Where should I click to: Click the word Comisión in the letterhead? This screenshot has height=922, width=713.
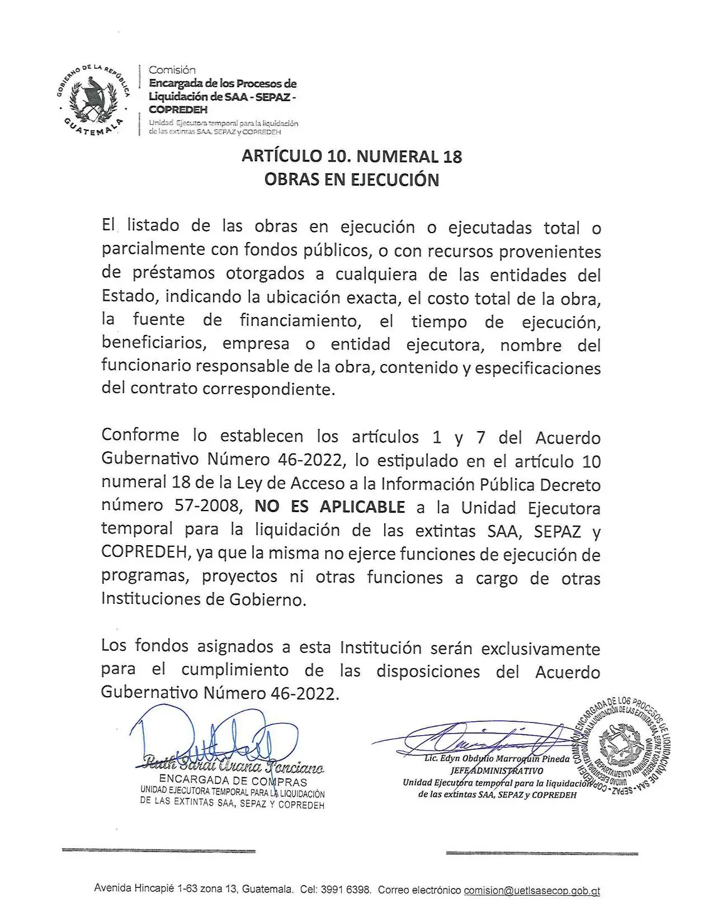[172, 70]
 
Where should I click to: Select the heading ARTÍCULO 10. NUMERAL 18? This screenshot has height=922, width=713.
[352, 156]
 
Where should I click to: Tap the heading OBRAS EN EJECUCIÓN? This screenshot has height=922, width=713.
[352, 179]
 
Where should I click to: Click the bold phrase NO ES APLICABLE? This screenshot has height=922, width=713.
[330, 507]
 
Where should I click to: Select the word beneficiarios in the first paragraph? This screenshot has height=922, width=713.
[154, 343]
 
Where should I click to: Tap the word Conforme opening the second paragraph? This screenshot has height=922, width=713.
[140, 436]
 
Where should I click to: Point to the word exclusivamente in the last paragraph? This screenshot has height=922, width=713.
[541, 649]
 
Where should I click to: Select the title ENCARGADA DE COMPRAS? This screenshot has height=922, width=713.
[233, 781]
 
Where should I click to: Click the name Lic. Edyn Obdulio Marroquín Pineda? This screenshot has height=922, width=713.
[497, 759]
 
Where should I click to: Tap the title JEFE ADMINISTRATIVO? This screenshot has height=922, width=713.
[497, 771]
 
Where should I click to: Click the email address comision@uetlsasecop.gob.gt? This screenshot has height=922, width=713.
[532, 890]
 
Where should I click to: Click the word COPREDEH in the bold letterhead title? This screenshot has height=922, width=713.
[178, 110]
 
